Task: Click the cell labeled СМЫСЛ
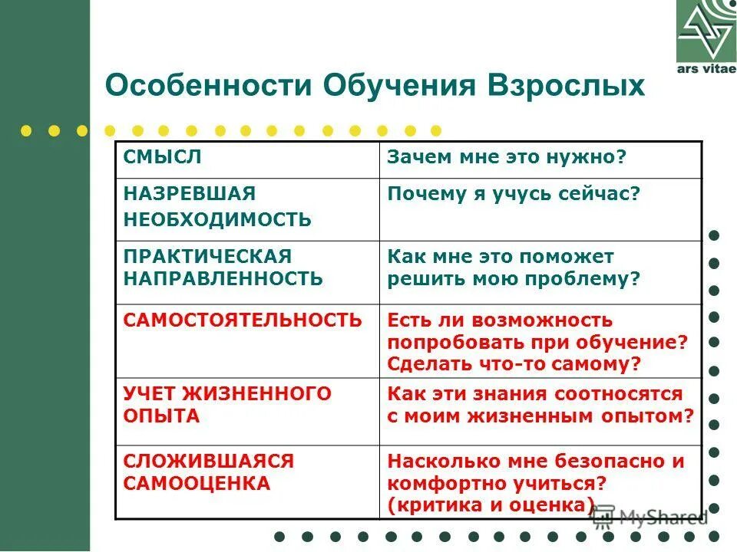pos(162,156)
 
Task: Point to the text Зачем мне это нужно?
pos(507,156)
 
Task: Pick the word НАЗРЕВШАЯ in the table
pos(190,193)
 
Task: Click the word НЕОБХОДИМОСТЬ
pos(217,220)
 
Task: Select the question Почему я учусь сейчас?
pos(513,193)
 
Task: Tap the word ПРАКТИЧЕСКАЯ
pos(207,255)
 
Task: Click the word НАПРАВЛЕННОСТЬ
pos(223,278)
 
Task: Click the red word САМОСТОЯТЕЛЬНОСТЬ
pos(242,320)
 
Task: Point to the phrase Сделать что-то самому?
pos(514,363)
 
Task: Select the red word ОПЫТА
pos(161,416)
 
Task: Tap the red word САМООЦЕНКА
pos(197,483)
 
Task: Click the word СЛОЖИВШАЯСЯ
pos(209,461)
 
